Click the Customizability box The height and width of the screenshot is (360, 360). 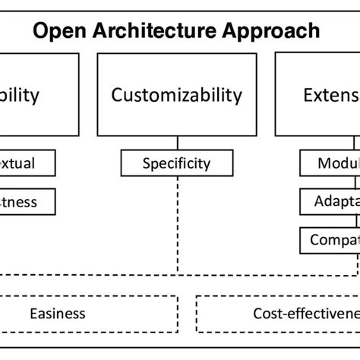pyautogui.click(x=177, y=95)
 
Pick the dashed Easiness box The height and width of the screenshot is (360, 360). pyautogui.click(x=57, y=313)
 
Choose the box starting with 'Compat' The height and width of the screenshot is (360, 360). pyautogui.click(x=330, y=240)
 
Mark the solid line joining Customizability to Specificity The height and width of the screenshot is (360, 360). pyautogui.click(x=178, y=144)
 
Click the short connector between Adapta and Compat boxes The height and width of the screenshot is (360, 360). pyautogui.click(x=355, y=221)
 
